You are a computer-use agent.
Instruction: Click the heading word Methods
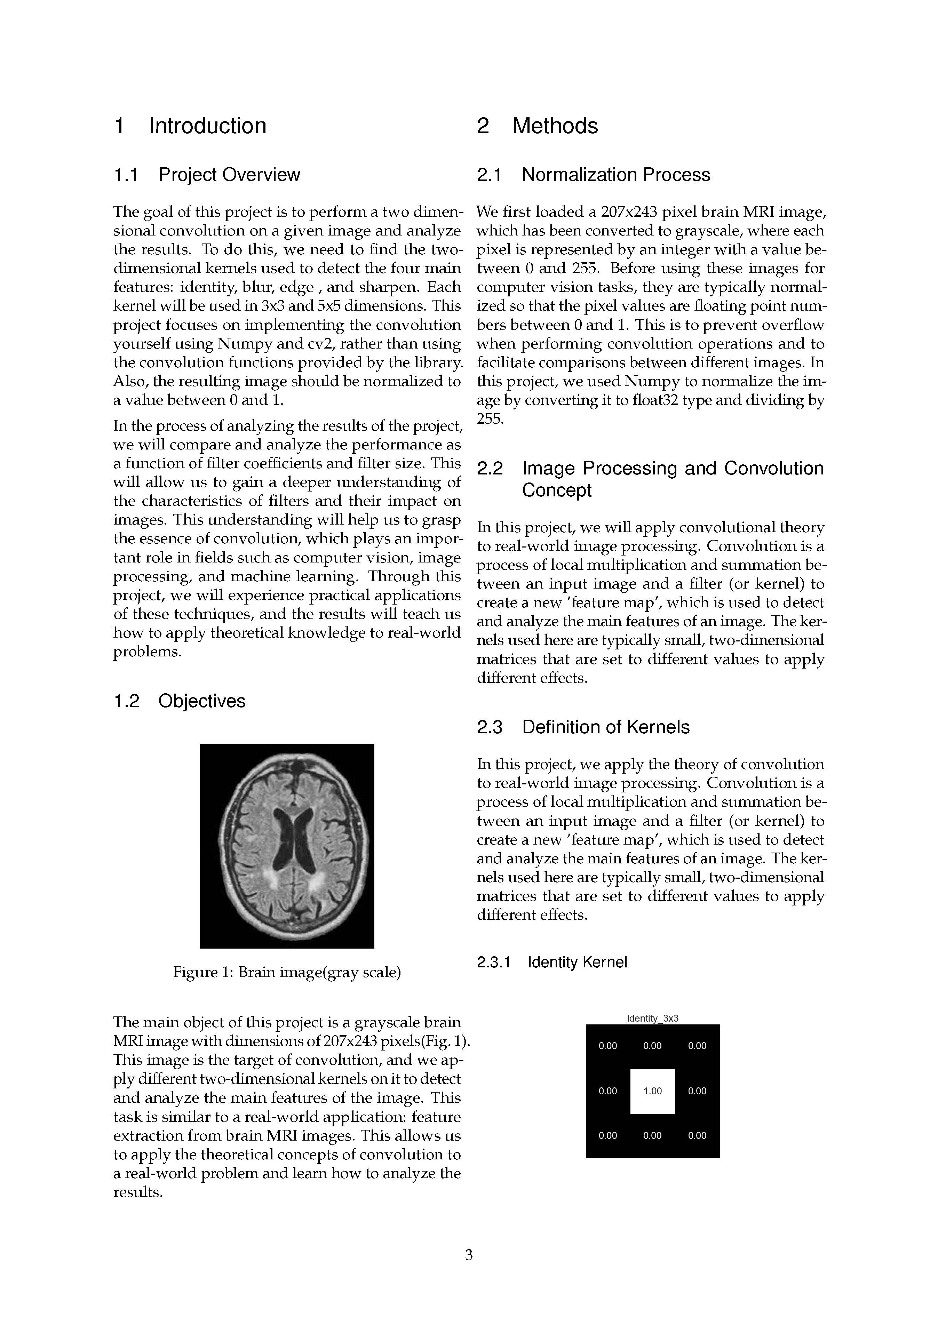[x=555, y=126]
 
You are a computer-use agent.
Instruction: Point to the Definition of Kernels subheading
[x=605, y=727]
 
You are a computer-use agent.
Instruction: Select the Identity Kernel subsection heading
[x=577, y=962]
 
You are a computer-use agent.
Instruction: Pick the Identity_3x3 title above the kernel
[x=653, y=1018]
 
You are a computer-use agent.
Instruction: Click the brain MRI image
[x=287, y=846]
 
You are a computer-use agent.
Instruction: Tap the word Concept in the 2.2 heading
[x=557, y=490]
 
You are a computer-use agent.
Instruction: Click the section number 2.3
[x=490, y=727]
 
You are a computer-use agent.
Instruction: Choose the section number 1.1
[x=126, y=175]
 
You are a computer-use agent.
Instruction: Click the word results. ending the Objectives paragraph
[x=138, y=1192]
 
